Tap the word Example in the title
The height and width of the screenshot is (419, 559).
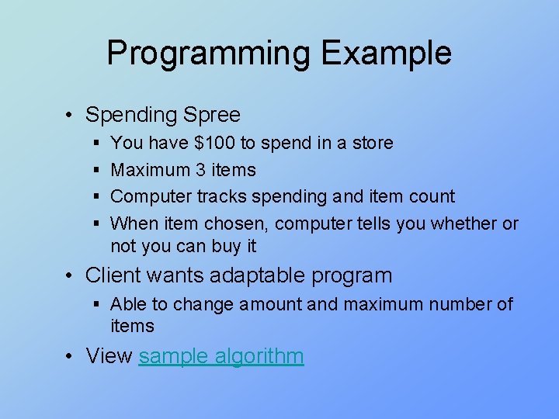386,54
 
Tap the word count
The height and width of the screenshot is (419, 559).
432,196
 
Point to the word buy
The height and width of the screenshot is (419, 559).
228,247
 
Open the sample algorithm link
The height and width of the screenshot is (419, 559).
221,356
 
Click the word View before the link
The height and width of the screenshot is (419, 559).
109,356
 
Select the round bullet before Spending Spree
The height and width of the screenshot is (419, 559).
70,116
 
